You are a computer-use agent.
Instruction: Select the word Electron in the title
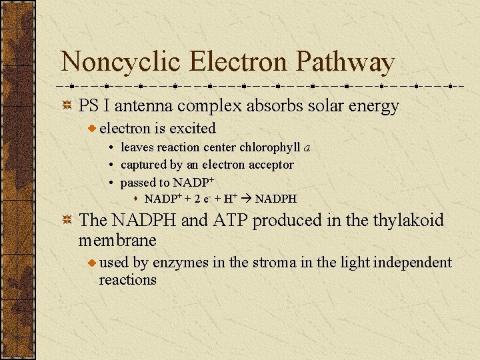click(239, 63)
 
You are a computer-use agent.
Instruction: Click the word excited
click(193, 129)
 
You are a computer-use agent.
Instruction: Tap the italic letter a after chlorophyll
click(307, 147)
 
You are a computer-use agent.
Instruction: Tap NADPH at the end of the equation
click(276, 199)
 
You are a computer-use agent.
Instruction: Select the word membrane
click(117, 240)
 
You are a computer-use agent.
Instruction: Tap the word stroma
click(270, 263)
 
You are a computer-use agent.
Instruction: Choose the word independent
click(412, 263)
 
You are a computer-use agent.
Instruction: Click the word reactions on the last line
click(127, 280)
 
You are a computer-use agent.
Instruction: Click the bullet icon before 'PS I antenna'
click(67, 106)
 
